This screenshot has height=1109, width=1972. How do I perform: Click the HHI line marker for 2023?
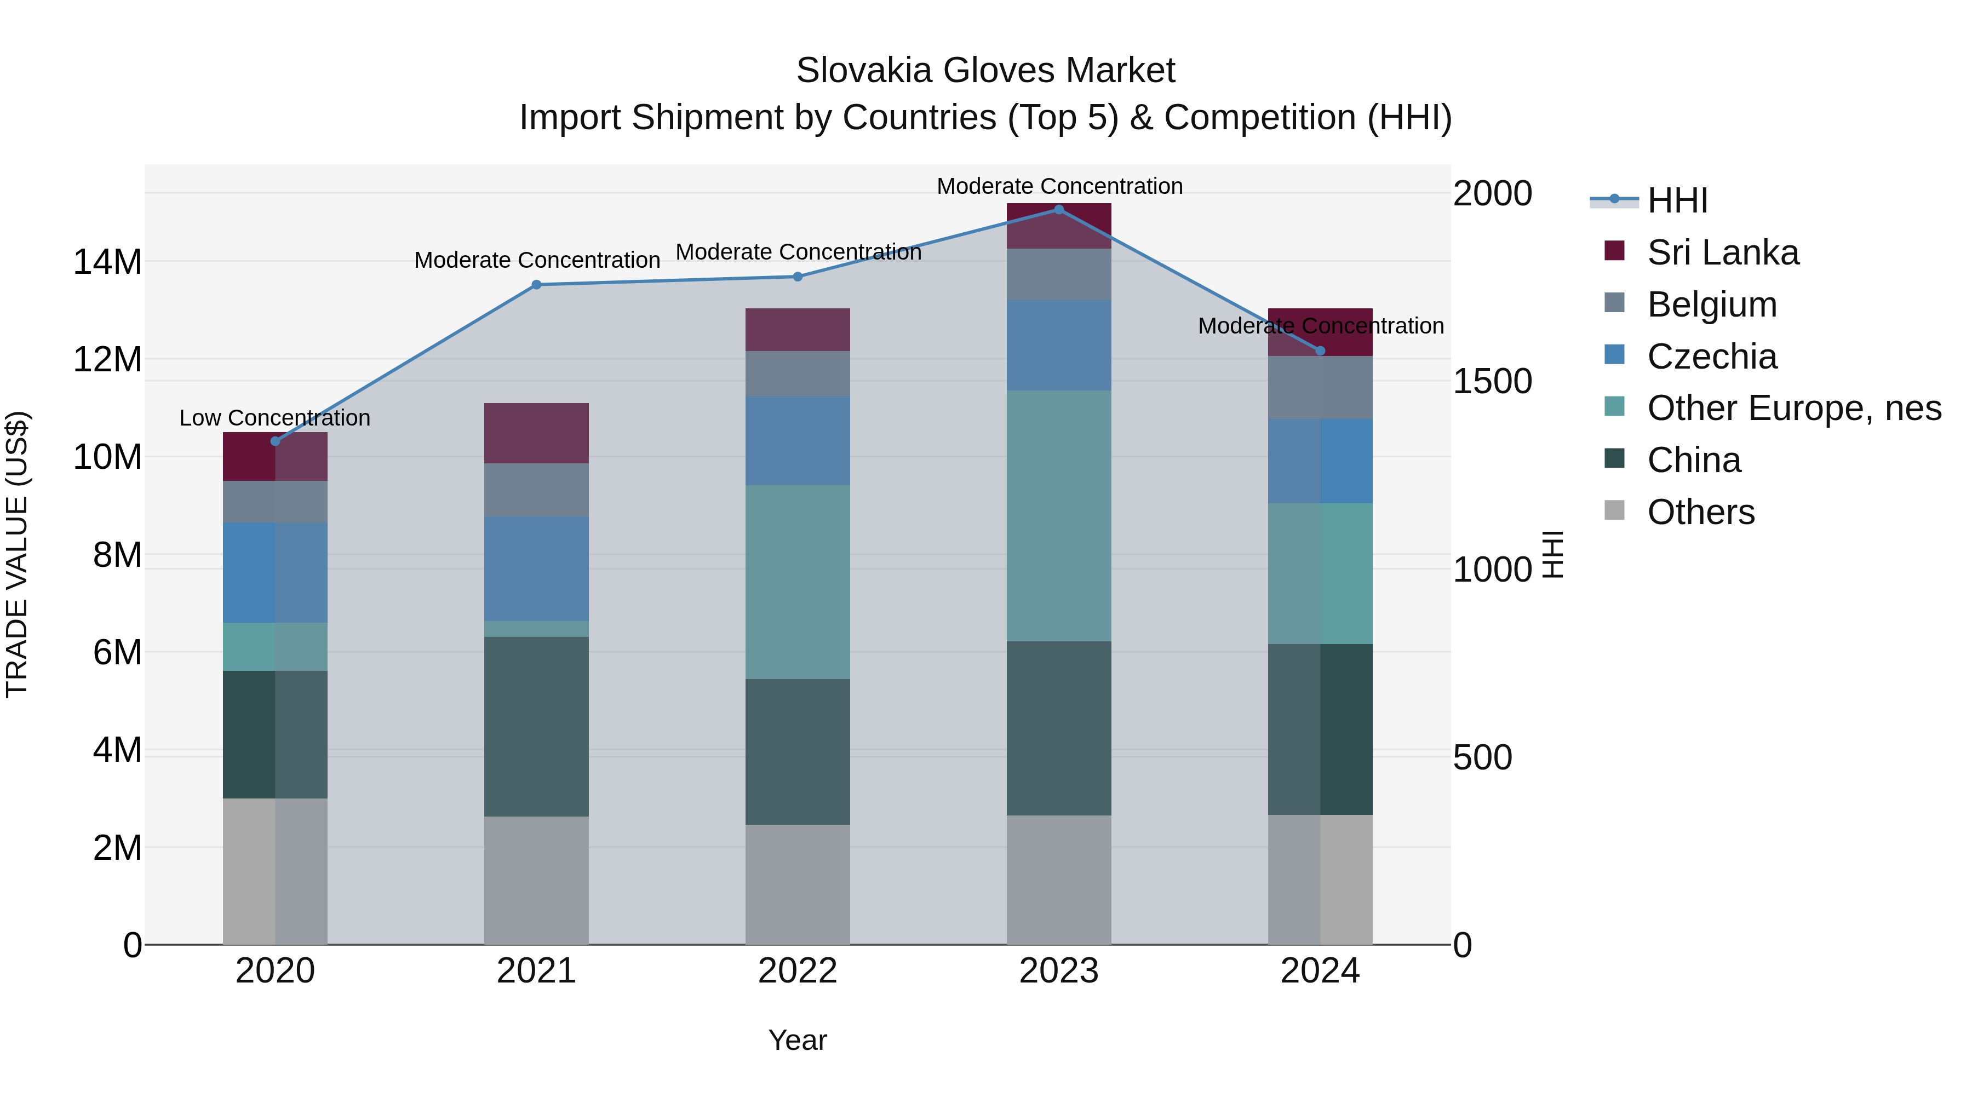pos(1059,210)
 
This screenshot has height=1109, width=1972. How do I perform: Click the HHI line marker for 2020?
pos(276,441)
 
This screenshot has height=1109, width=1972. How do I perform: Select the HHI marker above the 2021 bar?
pos(537,285)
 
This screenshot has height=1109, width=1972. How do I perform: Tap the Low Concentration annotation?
pos(275,418)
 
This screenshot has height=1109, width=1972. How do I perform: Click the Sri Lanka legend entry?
pos(1722,252)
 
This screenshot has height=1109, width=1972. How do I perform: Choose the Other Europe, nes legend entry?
pos(1793,408)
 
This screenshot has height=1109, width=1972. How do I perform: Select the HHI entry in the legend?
pos(1677,200)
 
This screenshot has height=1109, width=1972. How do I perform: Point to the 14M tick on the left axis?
pos(107,262)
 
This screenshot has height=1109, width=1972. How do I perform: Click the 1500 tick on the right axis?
pos(1492,381)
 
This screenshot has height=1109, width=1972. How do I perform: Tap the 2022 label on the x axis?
pos(798,971)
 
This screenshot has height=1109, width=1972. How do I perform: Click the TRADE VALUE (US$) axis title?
pos(17,554)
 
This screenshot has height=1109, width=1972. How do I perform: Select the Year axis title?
pos(798,1040)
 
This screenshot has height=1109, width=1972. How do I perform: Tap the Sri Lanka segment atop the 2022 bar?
pos(798,330)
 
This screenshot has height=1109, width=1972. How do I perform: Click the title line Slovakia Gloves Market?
pos(985,71)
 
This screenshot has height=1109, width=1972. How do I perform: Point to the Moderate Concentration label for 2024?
pos(1321,326)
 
